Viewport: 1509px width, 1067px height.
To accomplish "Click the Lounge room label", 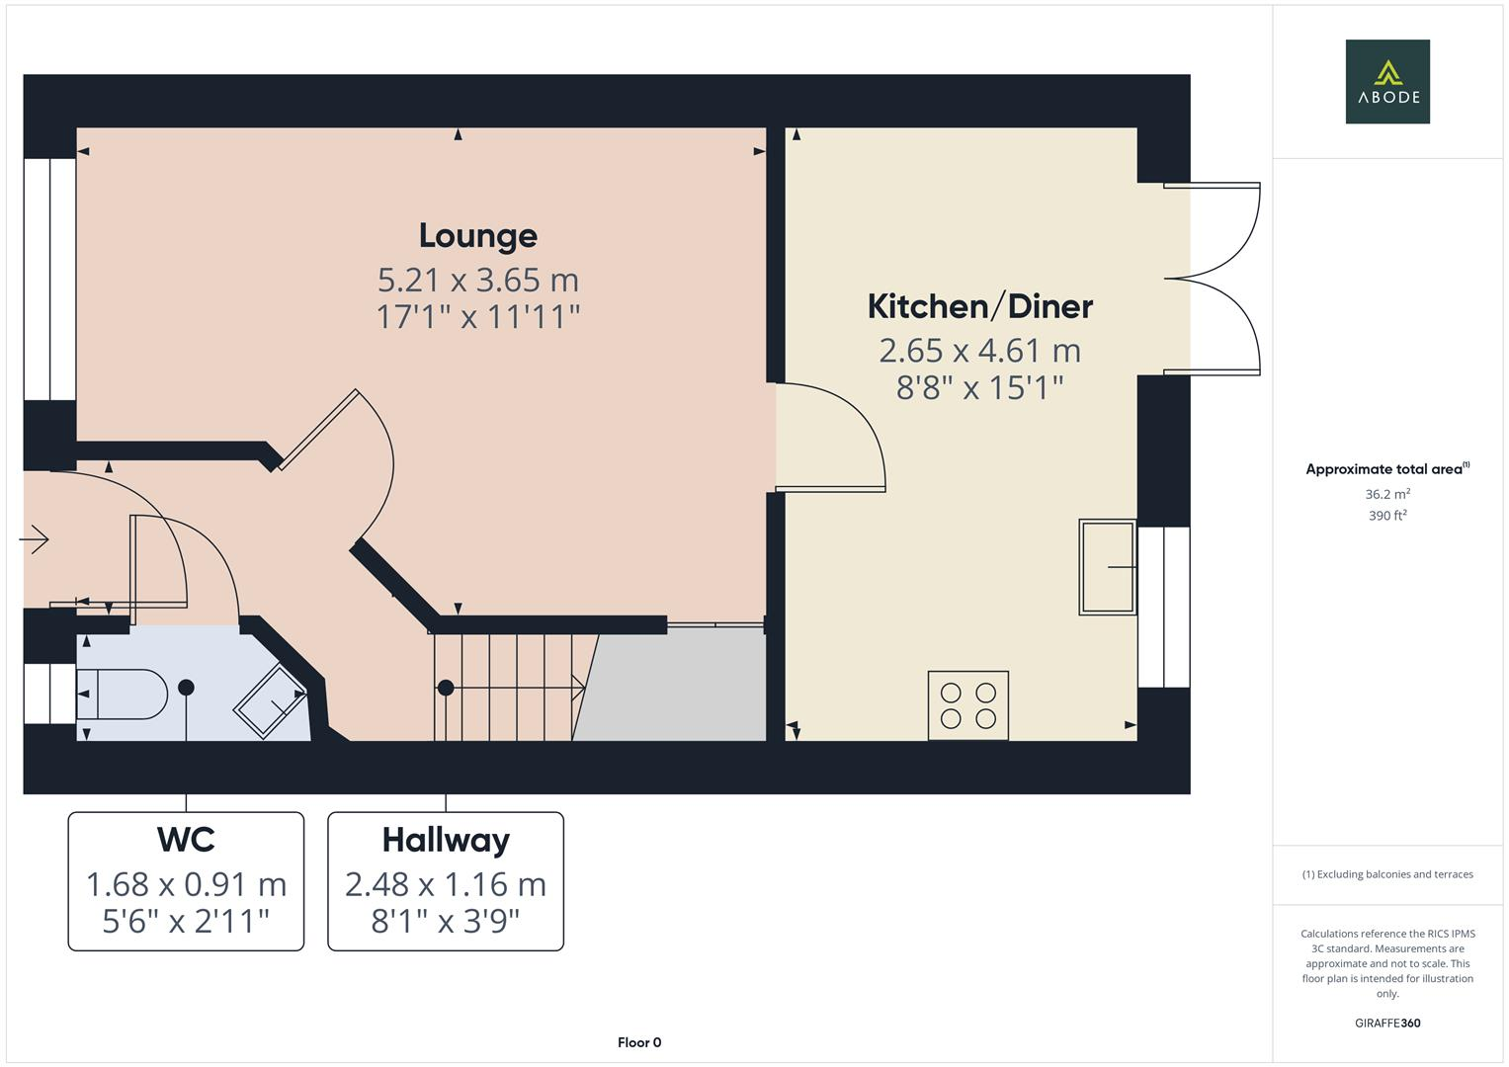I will [x=477, y=235].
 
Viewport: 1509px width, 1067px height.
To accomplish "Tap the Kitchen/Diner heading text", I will [x=979, y=306].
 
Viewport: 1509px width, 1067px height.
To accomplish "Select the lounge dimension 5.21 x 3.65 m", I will [x=477, y=280].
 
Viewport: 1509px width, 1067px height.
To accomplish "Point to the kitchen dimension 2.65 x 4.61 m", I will [x=979, y=351].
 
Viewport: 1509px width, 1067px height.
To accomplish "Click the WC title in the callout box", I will [x=186, y=840].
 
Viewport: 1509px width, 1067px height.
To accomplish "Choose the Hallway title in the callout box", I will [x=446, y=840].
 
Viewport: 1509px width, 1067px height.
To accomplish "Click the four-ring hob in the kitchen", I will [x=967, y=705].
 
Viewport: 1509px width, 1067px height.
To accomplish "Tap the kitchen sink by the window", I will [x=1107, y=567].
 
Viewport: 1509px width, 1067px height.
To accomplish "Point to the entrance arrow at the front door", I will [x=35, y=539].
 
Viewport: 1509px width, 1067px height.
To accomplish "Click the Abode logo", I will [x=1387, y=82].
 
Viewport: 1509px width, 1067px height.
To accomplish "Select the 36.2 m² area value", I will [x=1387, y=494].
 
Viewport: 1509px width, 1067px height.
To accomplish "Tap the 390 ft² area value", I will [x=1387, y=516].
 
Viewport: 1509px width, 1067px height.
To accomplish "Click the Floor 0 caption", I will [x=638, y=1042].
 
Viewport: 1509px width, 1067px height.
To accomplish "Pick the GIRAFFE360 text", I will [x=1387, y=1023].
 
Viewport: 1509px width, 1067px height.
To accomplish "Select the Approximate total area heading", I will [x=1386, y=469].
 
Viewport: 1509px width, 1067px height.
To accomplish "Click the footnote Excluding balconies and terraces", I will [x=1387, y=874].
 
